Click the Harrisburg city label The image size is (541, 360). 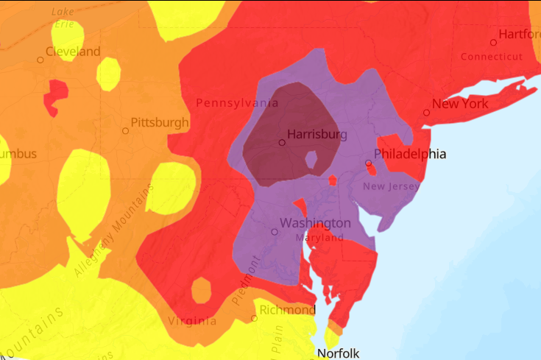point(317,135)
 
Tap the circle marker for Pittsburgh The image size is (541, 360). point(126,131)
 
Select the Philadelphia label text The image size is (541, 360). point(410,154)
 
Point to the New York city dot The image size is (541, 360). point(426,113)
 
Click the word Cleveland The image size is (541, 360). point(73,52)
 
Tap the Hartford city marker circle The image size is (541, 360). point(493,43)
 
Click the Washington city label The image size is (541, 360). point(315,223)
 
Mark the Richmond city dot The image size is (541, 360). point(254,319)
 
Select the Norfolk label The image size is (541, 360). point(338,353)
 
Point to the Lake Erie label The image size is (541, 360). point(62,18)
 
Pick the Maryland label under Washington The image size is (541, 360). point(319,239)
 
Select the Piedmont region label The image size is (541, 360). point(248,278)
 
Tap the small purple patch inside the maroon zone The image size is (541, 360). point(311,159)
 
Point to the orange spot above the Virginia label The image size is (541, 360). point(201,290)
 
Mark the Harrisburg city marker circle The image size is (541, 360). point(281,143)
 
